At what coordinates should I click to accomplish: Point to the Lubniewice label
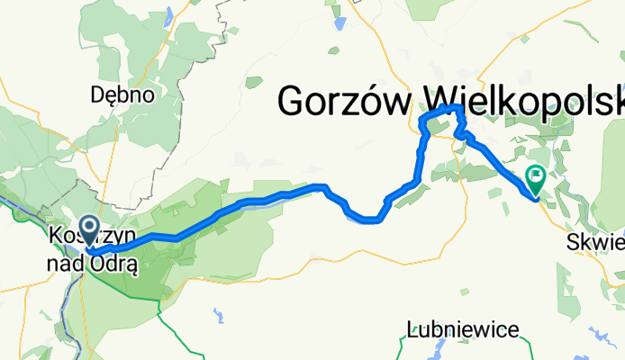point(463,329)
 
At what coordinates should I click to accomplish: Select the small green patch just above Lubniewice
point(464,292)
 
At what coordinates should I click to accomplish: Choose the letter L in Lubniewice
point(412,329)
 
